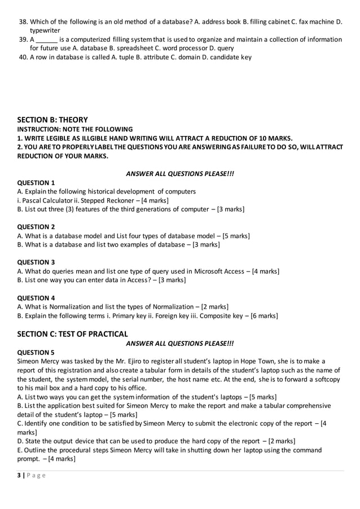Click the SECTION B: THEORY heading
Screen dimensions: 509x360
tap(52, 120)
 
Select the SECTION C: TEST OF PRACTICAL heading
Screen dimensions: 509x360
tap(73, 334)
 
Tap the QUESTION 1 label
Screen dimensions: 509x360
tap(36, 183)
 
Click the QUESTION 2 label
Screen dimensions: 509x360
tap(36, 227)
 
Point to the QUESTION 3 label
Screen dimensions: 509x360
tap(36, 262)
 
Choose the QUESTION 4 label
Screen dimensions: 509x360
tap(36, 297)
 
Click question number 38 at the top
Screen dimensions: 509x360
tap(23, 21)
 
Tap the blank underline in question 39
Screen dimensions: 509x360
tap(47, 40)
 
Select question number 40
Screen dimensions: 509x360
tap(23, 57)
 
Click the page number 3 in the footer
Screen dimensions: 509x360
tap(19, 476)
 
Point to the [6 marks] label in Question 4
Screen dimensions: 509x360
tap(261, 315)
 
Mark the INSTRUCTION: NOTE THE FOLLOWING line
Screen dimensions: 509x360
tap(75, 129)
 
